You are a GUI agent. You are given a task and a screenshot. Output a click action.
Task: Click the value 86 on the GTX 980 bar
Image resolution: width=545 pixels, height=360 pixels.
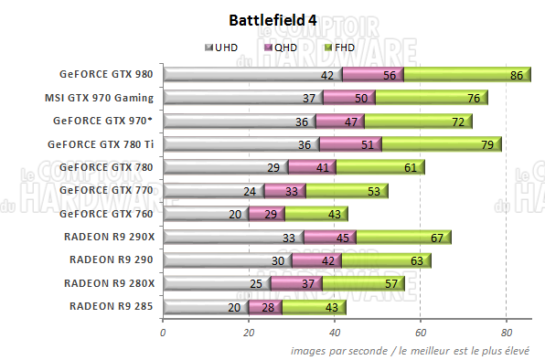pyautogui.click(x=517, y=75)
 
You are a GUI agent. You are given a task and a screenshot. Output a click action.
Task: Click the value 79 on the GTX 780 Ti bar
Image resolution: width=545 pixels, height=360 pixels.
pyautogui.click(x=487, y=143)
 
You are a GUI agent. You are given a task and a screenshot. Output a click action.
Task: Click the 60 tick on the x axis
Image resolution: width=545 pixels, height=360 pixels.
pyautogui.click(x=421, y=334)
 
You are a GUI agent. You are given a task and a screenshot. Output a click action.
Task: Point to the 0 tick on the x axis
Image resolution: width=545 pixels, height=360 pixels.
pyautogui.click(x=163, y=334)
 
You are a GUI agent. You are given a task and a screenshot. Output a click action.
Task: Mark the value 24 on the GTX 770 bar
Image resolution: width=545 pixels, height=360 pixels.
pyautogui.click(x=250, y=190)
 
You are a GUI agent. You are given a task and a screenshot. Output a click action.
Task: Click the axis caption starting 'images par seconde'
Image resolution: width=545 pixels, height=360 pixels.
pyautogui.click(x=417, y=350)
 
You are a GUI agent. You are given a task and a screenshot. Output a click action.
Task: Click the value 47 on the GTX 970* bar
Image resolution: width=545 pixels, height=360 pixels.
pyautogui.click(x=349, y=121)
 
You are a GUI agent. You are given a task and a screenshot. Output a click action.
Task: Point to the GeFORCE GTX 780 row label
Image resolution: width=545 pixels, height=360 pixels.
pyautogui.click(x=106, y=166)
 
